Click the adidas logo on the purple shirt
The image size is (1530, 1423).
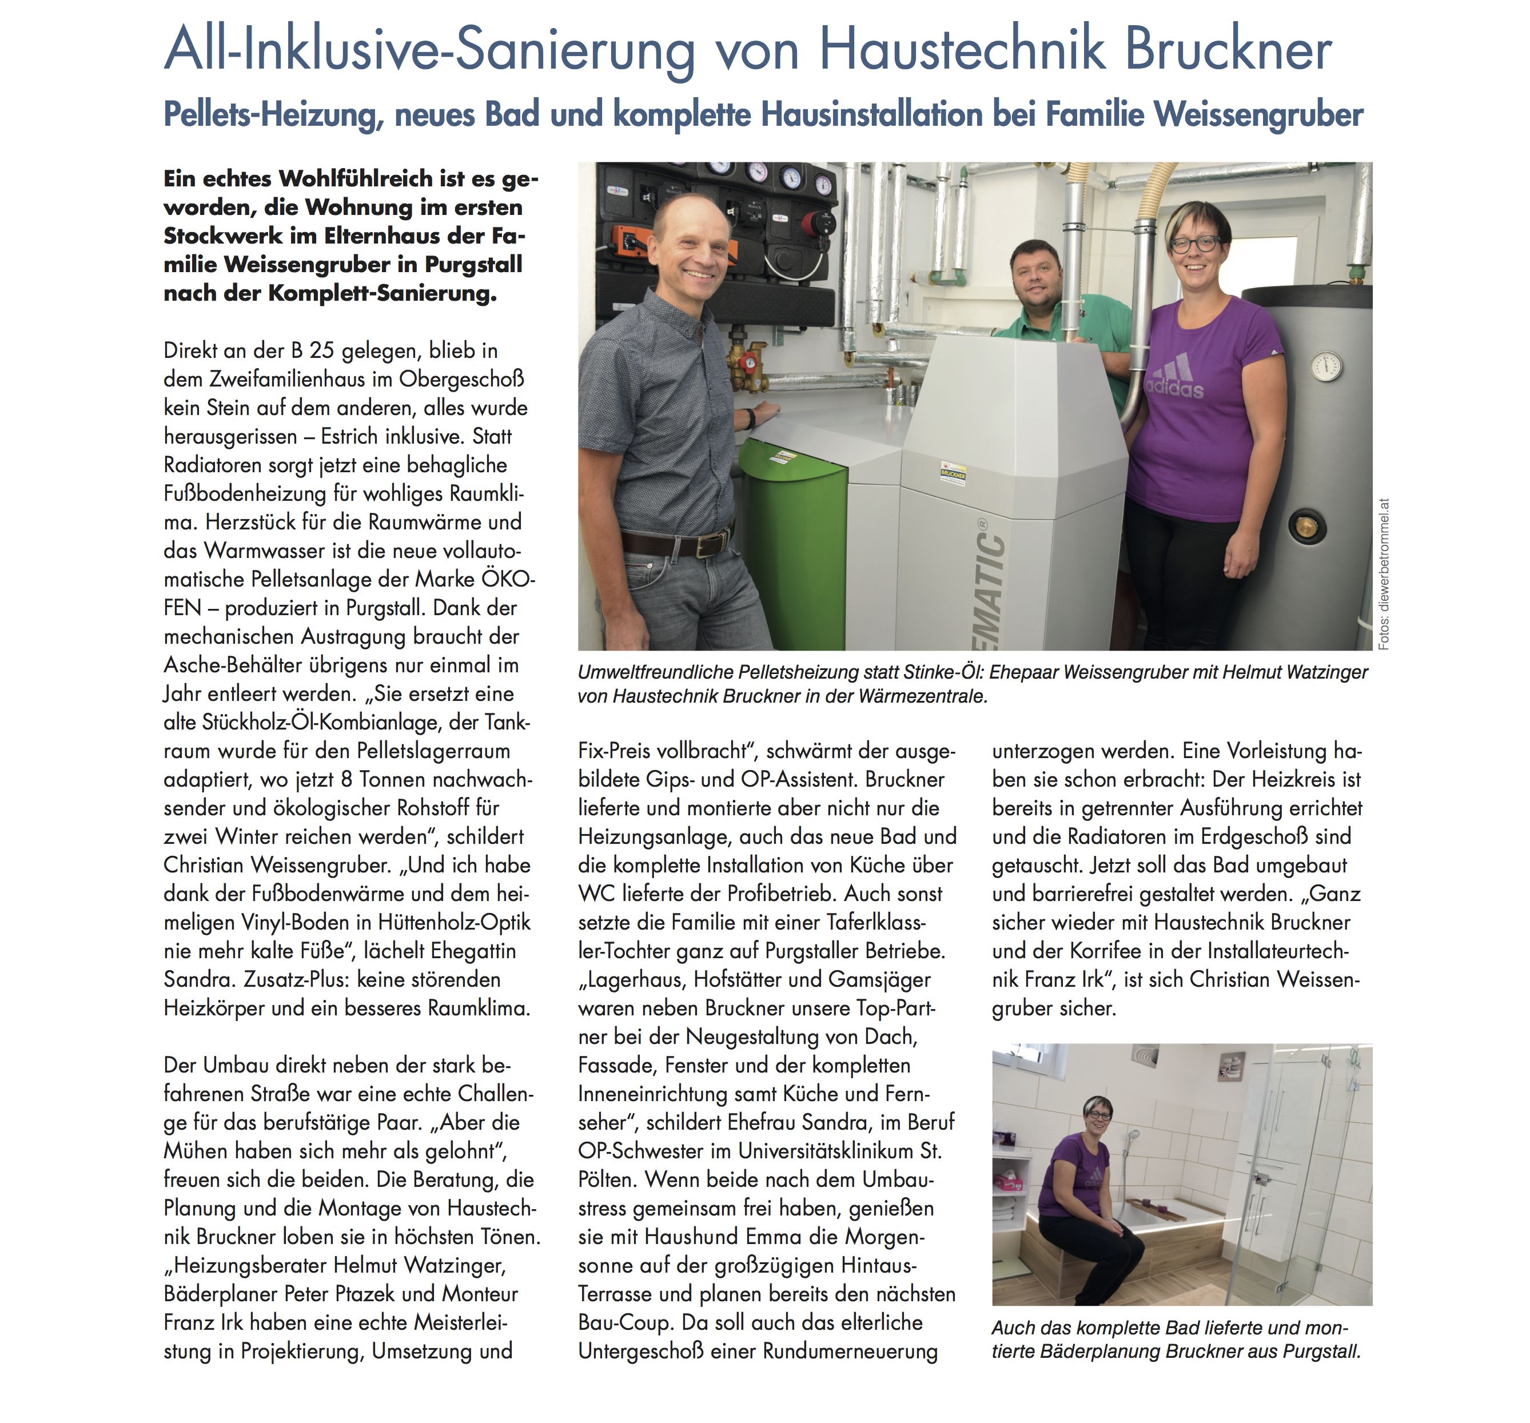pos(1175,378)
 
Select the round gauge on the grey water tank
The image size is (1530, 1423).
pos(1326,367)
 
